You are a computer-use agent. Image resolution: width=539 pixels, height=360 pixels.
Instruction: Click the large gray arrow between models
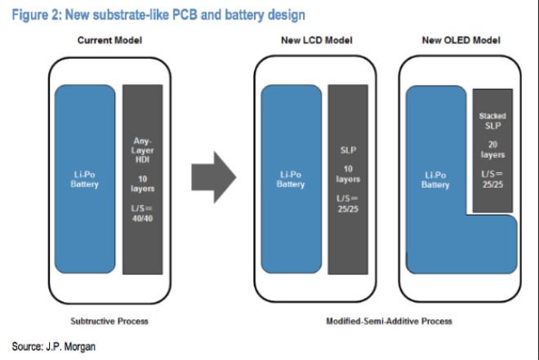(212, 175)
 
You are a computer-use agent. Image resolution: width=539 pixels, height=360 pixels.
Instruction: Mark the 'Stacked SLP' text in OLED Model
(492, 122)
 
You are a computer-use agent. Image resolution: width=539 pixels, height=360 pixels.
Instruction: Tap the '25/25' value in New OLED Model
(492, 184)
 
